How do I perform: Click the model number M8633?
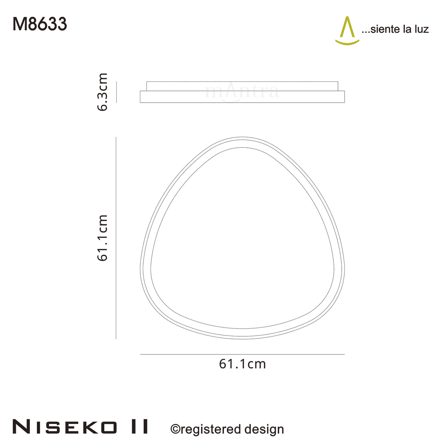pos(40,25)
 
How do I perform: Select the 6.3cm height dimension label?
pos(102,92)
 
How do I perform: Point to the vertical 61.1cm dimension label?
pos(102,238)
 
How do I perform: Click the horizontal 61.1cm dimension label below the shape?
pos(242,364)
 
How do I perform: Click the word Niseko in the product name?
pos(64,426)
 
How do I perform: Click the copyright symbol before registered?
pos(175,429)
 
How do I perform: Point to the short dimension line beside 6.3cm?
pos(117,92)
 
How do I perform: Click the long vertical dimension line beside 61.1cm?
pos(116,238)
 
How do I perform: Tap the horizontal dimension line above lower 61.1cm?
pos(242,354)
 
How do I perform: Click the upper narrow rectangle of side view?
pos(242,86)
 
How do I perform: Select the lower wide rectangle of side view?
pos(242,97)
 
